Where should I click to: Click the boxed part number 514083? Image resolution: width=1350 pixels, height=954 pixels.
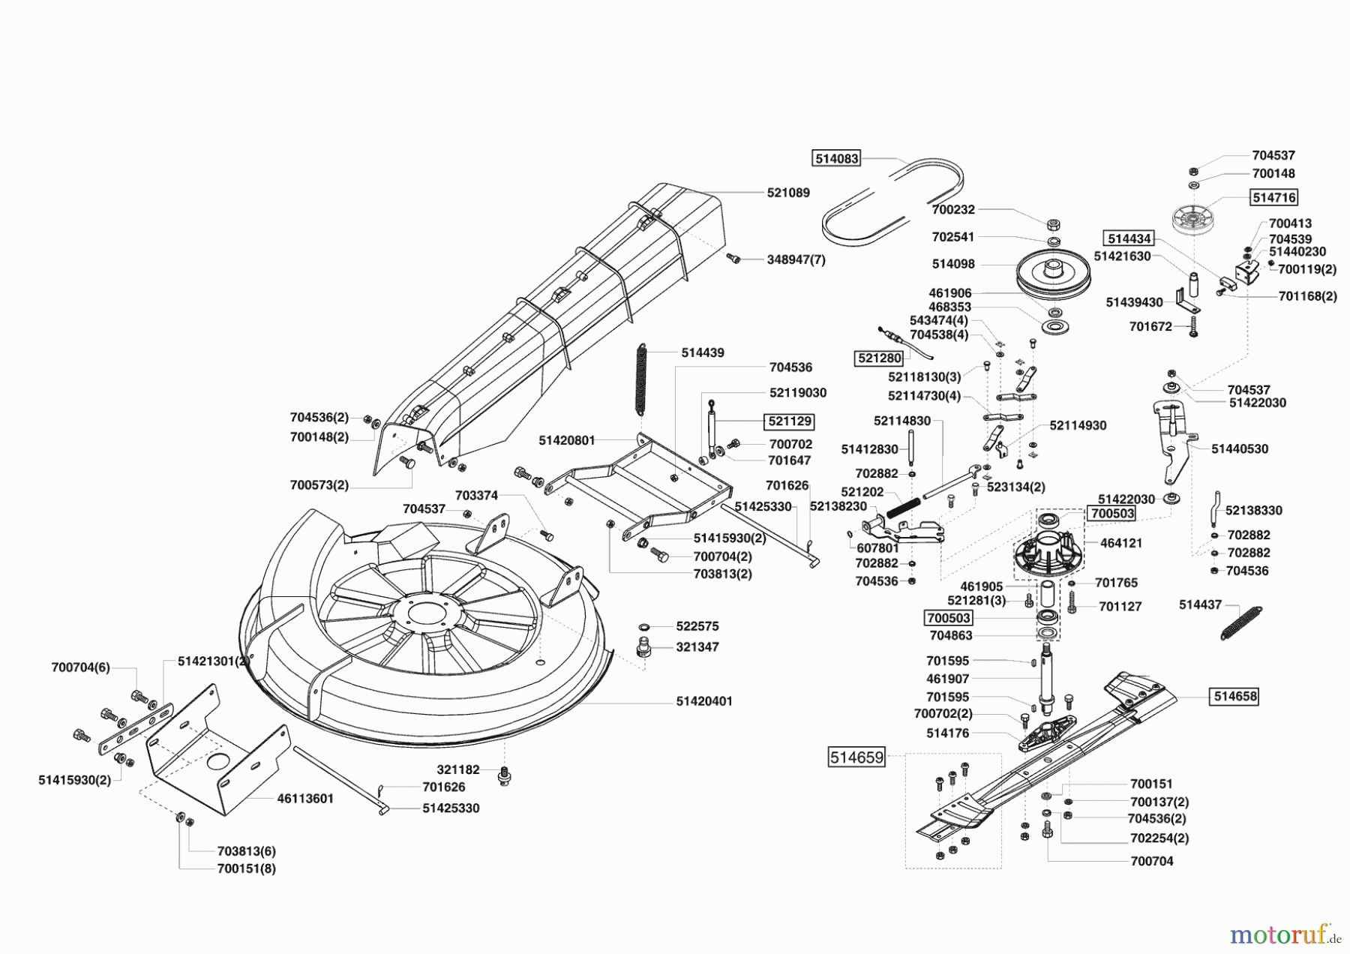836,159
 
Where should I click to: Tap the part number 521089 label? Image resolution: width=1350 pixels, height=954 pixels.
788,193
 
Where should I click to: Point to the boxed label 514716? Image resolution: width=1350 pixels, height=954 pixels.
1273,197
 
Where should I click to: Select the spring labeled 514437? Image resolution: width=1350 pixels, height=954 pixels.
1240,622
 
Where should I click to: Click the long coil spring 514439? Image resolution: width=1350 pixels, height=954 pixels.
640,379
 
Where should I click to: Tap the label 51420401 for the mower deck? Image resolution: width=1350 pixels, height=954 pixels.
704,701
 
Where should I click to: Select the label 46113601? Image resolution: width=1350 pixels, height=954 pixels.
305,799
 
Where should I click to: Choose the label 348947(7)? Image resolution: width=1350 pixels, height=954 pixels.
796,259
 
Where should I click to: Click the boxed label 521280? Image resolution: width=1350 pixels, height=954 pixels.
878,358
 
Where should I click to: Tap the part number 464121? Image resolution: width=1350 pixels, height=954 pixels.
1120,543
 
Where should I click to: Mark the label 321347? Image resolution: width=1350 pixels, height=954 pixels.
697,646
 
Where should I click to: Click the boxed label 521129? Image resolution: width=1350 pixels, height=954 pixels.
789,421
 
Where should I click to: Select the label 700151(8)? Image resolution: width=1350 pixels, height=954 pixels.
246,868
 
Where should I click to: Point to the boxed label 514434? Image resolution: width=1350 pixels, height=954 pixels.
1129,238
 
